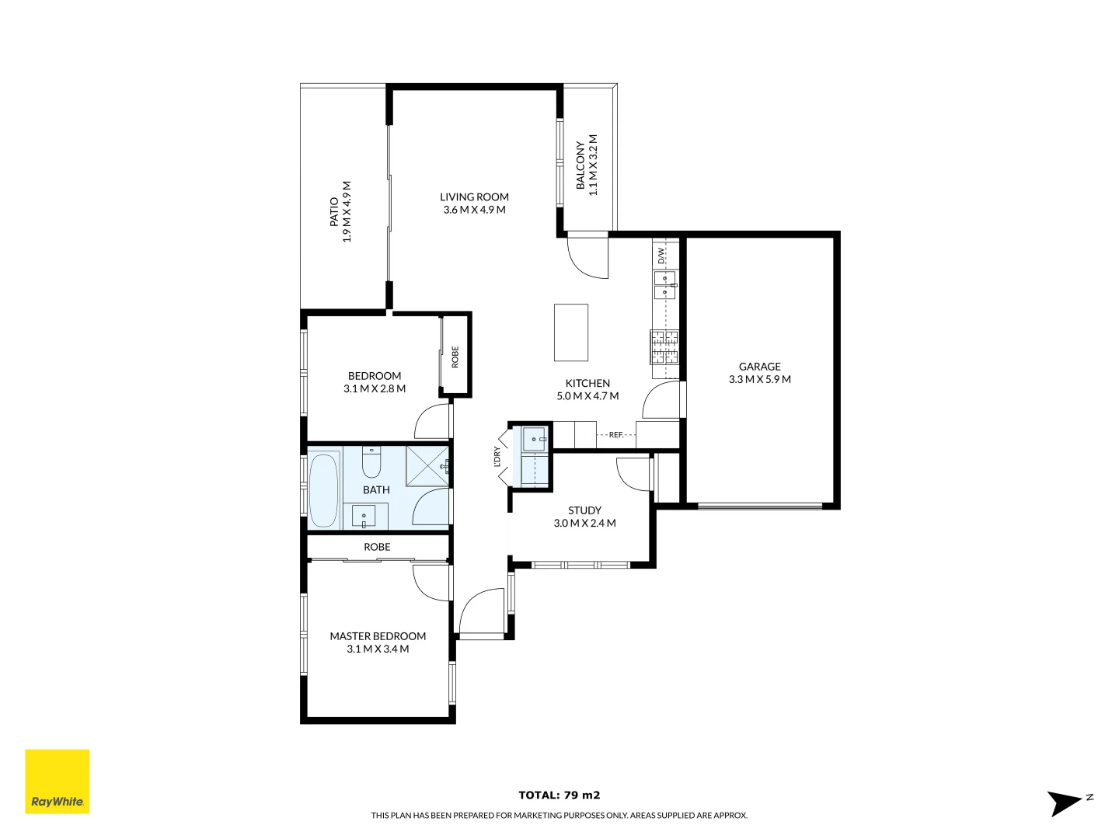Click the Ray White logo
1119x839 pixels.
coord(58,782)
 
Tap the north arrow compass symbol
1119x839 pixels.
coord(1068,802)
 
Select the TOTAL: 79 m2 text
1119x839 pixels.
coord(559,795)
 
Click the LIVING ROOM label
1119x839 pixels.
coord(474,197)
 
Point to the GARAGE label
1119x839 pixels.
coord(759,367)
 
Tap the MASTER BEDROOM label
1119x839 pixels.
coord(378,636)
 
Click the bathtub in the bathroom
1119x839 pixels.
coord(324,490)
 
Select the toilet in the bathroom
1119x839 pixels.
coord(371,463)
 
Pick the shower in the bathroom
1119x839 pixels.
coord(427,466)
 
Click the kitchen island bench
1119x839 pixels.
coord(570,332)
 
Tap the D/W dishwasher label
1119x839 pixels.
coord(661,256)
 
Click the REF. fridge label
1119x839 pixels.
coord(615,435)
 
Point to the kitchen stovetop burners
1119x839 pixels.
coord(664,347)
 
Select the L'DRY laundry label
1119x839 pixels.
coord(497,457)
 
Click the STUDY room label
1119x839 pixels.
coord(584,510)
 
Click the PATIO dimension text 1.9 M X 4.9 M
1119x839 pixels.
coord(347,212)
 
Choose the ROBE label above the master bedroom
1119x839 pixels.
coord(377,547)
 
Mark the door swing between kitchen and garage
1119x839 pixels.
coord(661,400)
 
